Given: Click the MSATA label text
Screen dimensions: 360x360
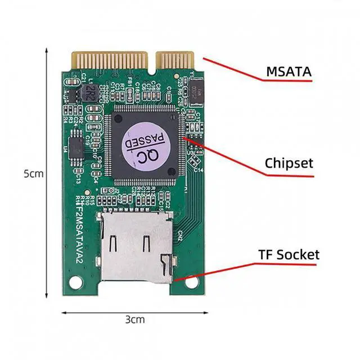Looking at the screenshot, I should pos(289,72).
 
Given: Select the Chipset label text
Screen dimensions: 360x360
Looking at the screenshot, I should pos(289,163).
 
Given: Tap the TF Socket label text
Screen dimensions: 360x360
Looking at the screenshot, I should pos(289,254).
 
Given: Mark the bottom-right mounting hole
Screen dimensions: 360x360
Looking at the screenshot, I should pos(192,280).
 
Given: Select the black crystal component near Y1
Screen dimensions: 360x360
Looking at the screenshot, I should pos(197,93).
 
